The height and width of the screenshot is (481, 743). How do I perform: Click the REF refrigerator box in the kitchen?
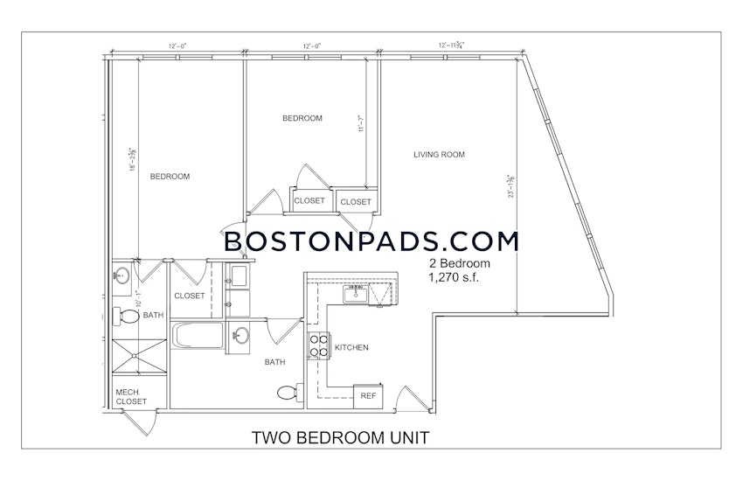pos(367,396)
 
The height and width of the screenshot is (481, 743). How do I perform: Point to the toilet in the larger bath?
pos(288,392)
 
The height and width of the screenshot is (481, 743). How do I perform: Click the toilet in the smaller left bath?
pos(129,316)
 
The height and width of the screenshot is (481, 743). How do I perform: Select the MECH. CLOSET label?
pos(131,397)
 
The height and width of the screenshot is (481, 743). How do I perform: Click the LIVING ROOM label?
pos(439,155)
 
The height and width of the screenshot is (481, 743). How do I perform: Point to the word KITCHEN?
pos(351,348)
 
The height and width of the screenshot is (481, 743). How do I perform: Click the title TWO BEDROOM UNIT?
pos(340,436)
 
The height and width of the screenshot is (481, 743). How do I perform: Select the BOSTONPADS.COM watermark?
pos(371,241)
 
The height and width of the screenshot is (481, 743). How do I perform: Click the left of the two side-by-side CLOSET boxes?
pos(309,200)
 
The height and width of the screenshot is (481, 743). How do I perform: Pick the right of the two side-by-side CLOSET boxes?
pos(355,201)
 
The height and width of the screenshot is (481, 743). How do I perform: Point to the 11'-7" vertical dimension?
pos(360,123)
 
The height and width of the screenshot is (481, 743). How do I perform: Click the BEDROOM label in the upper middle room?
pos(302,118)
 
